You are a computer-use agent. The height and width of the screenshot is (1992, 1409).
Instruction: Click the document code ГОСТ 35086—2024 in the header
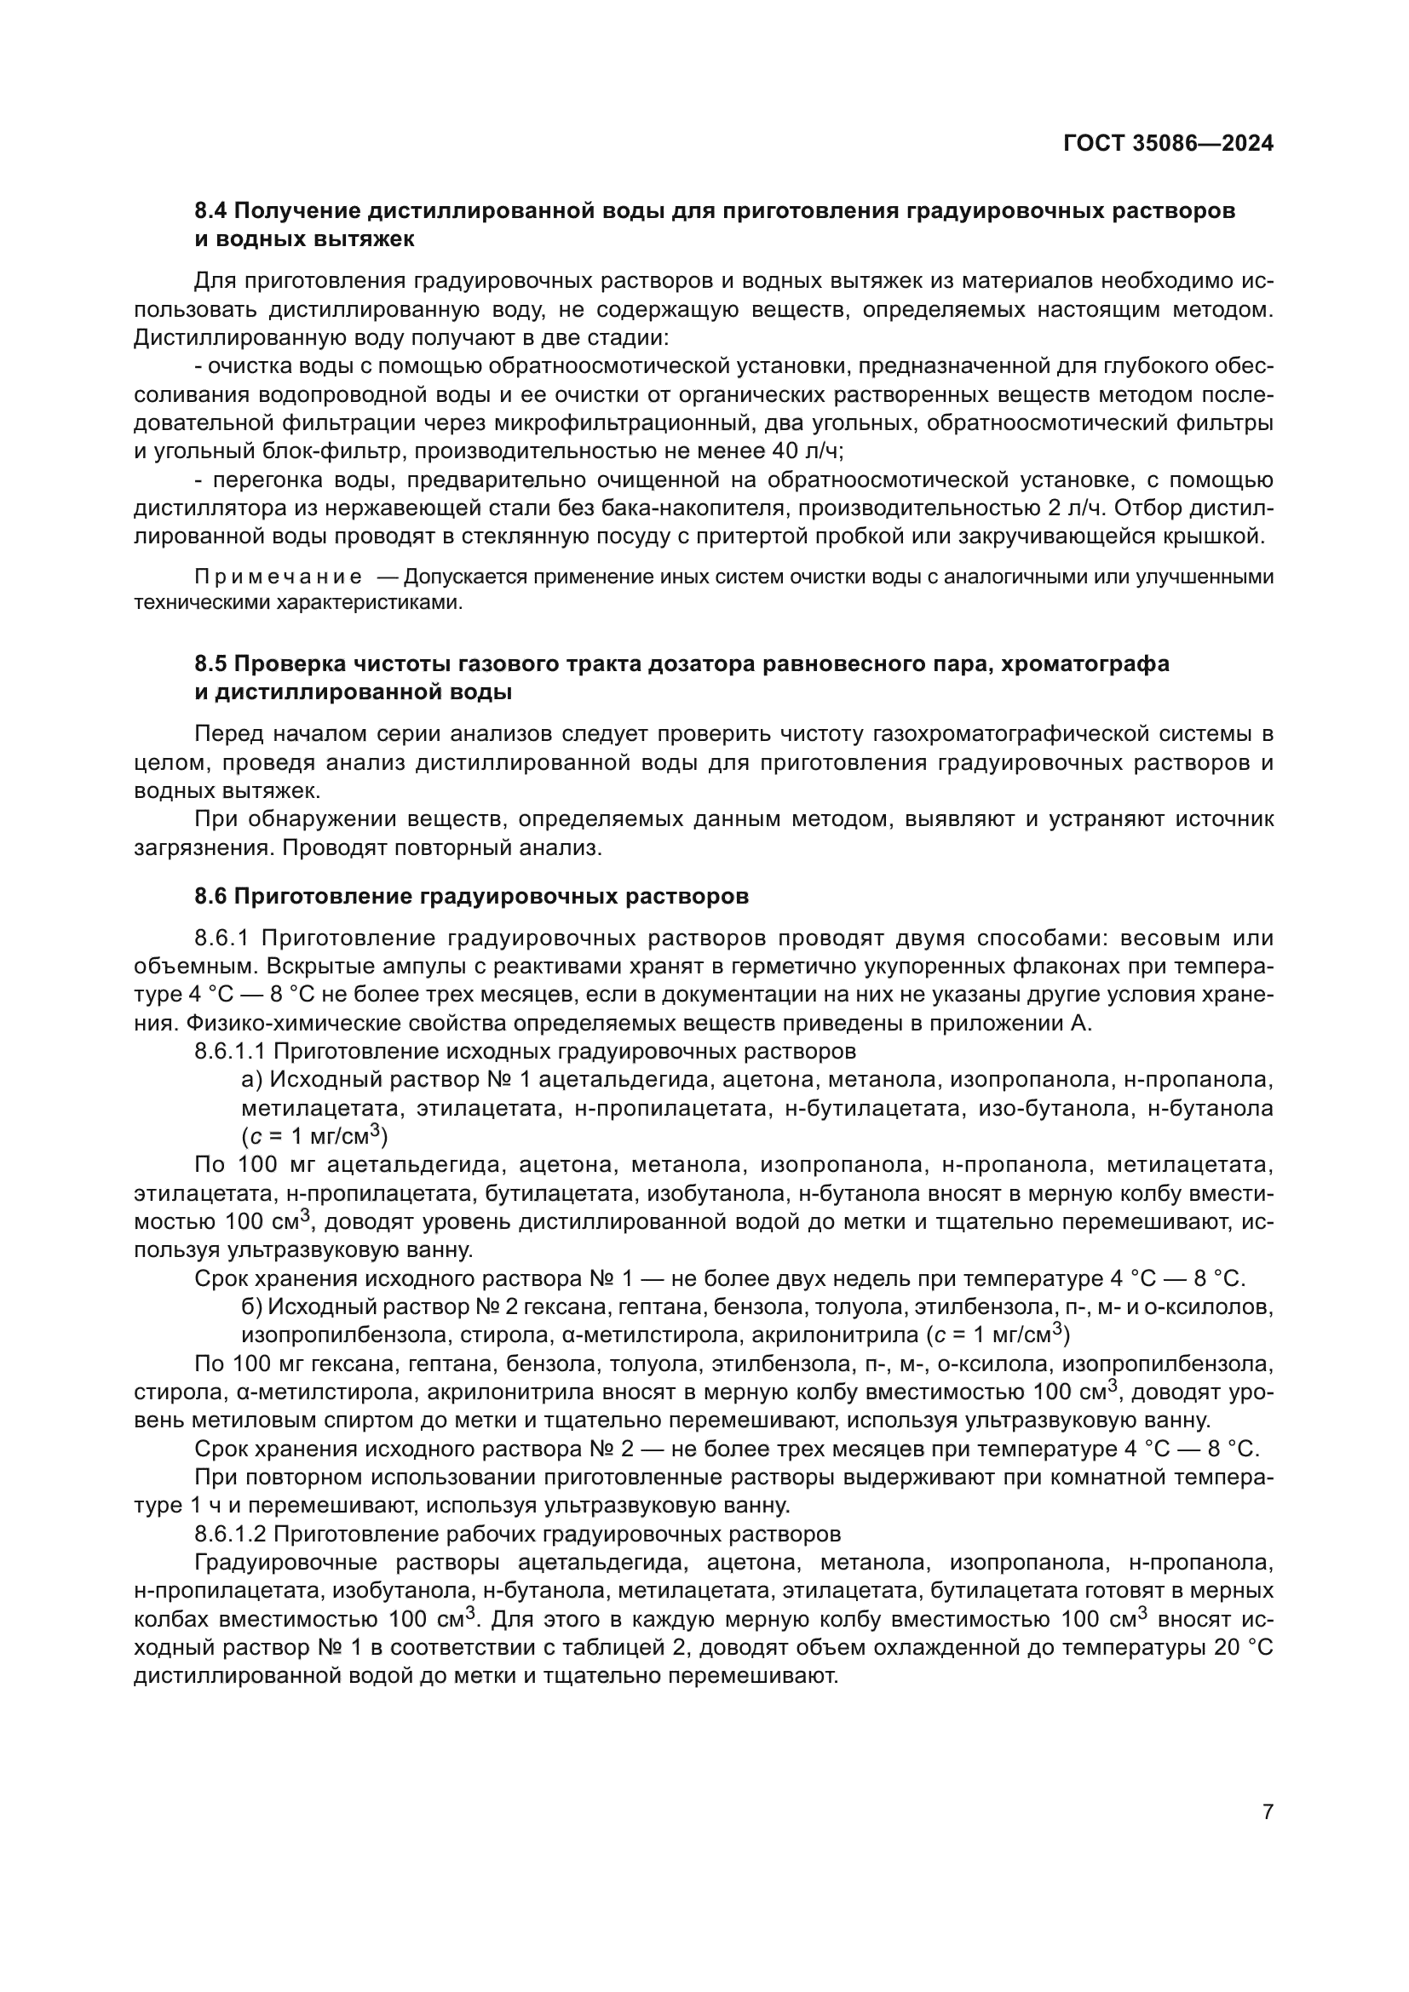[x=1168, y=143]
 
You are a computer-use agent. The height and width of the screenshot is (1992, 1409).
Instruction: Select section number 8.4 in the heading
[x=210, y=211]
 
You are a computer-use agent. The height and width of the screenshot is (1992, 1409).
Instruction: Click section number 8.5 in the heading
[x=210, y=663]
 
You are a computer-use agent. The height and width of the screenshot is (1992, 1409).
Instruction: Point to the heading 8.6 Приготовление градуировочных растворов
[x=471, y=896]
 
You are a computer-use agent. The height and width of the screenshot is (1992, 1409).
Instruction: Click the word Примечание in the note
[x=279, y=577]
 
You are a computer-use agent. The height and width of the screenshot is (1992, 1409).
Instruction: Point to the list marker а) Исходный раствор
[x=251, y=1080]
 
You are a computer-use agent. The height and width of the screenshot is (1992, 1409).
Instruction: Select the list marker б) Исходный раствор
[x=251, y=1306]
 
